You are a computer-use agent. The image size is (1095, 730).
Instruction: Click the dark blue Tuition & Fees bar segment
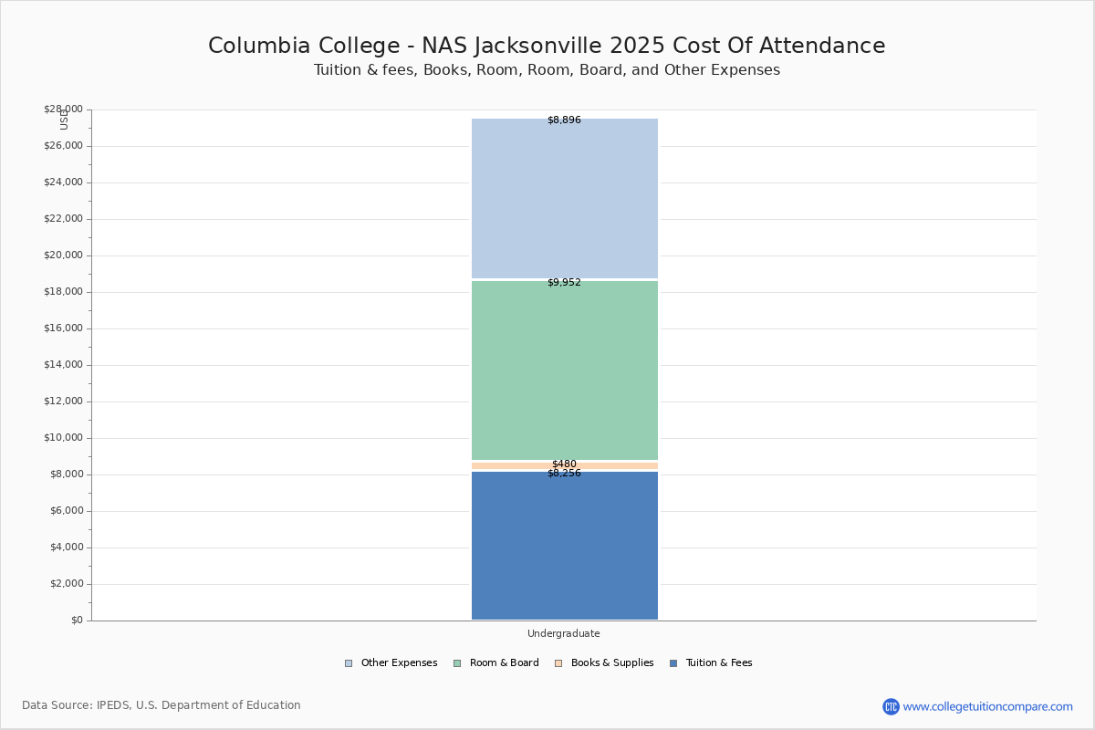pos(565,545)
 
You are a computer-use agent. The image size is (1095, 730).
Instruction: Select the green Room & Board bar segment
pos(565,370)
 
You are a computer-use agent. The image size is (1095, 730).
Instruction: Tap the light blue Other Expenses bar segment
pos(565,198)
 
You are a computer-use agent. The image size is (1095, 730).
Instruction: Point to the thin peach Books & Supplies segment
pos(565,466)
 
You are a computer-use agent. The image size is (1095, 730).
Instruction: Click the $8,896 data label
pos(564,120)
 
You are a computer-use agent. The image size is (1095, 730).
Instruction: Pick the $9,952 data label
pos(564,282)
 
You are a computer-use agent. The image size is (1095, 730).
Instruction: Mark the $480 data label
pos(564,464)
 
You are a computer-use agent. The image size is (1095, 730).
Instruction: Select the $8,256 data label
pos(564,473)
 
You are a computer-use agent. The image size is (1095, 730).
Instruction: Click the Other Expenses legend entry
pos(391,663)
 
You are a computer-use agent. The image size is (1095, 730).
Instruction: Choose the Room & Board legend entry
pos(496,663)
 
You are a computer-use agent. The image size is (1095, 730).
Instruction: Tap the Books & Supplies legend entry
pos(604,663)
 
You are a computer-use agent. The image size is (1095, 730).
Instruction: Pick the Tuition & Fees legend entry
pos(711,663)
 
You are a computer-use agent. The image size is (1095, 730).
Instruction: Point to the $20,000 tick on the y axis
pos(64,255)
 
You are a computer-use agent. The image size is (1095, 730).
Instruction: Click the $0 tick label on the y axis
pos(78,620)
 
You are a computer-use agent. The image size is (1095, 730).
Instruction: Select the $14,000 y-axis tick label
pos(64,365)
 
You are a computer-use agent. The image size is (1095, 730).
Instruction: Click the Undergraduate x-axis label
pos(564,633)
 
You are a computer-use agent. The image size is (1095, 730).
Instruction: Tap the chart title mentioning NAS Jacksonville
pos(547,46)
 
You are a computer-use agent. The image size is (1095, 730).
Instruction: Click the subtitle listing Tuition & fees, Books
pos(547,70)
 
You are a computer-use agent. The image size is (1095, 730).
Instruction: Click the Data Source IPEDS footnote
pos(162,705)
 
